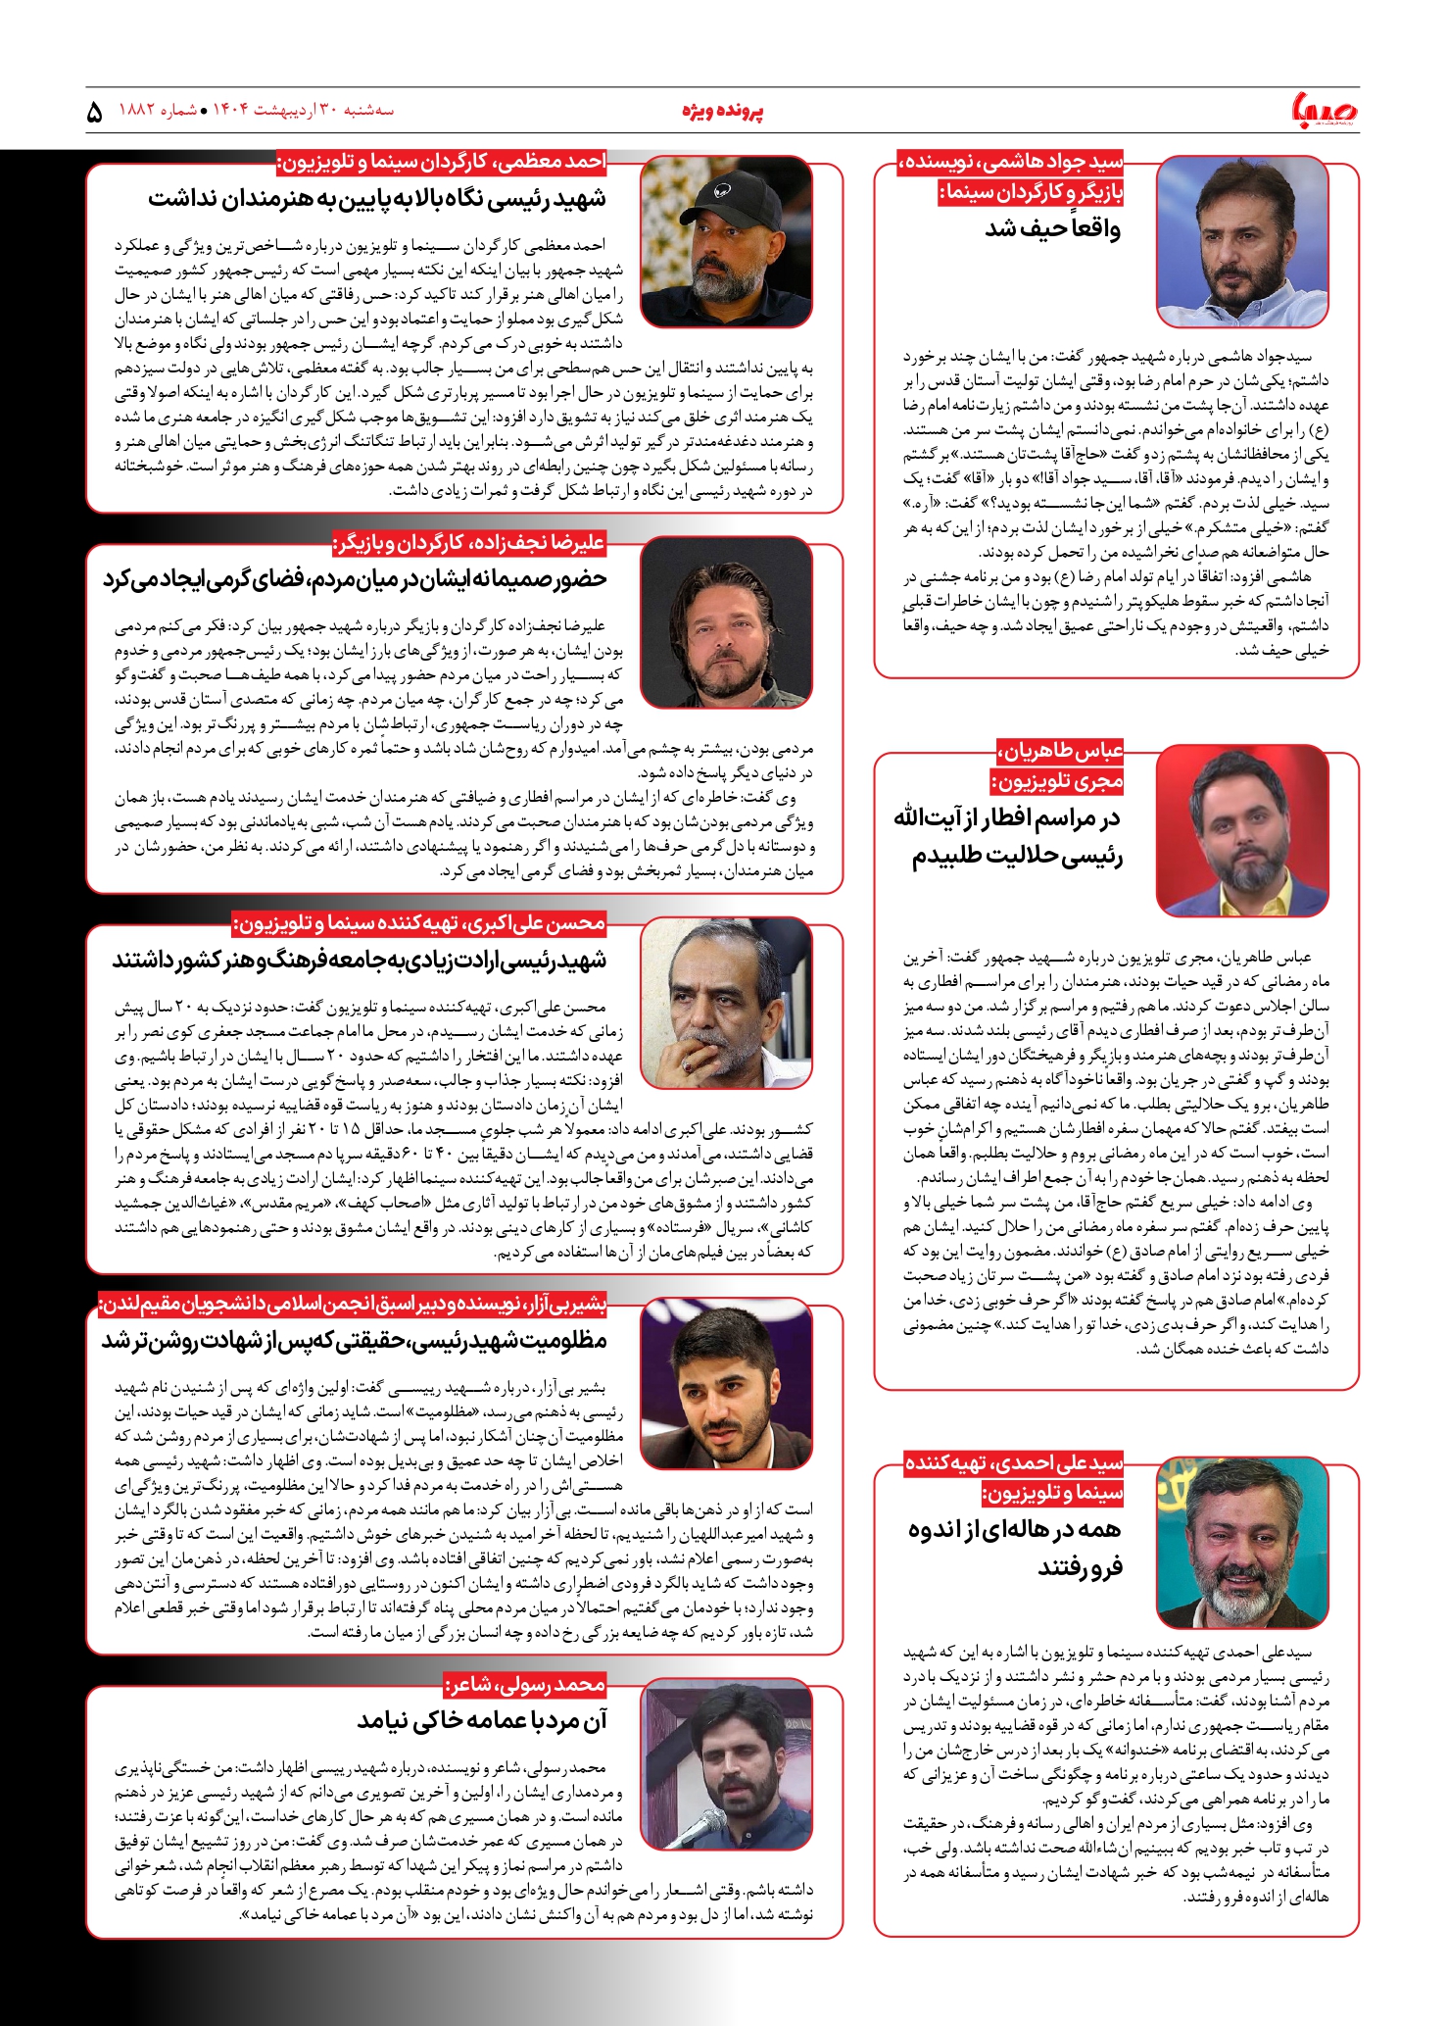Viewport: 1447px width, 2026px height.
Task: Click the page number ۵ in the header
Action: pyautogui.click(x=94, y=112)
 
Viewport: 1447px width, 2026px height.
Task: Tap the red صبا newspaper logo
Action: pyautogui.click(x=1326, y=110)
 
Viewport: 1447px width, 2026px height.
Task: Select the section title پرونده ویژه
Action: pyautogui.click(x=722, y=111)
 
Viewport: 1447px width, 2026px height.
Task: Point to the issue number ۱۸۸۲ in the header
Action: pyautogui.click(x=138, y=110)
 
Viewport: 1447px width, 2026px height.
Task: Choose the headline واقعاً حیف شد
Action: pyautogui.click(x=1052, y=229)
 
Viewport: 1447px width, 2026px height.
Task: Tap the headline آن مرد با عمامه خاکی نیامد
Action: pyautogui.click(x=482, y=1720)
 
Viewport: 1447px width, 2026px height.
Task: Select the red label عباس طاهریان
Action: pyautogui.click(x=1061, y=751)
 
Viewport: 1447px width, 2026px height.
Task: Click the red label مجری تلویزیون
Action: pyautogui.click(x=1057, y=781)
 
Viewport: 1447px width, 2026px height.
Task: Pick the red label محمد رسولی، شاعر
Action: pyautogui.click(x=525, y=1684)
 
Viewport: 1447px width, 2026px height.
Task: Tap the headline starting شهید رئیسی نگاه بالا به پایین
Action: pyautogui.click(x=377, y=199)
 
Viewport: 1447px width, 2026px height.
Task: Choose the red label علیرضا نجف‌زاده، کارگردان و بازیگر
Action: pyautogui.click(x=469, y=542)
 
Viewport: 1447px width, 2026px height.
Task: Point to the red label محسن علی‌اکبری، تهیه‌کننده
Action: pyautogui.click(x=419, y=922)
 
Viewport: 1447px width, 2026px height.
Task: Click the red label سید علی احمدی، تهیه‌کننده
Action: pyautogui.click(x=1014, y=1463)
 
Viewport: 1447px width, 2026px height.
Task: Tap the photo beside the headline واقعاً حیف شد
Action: pyautogui.click(x=1242, y=241)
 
